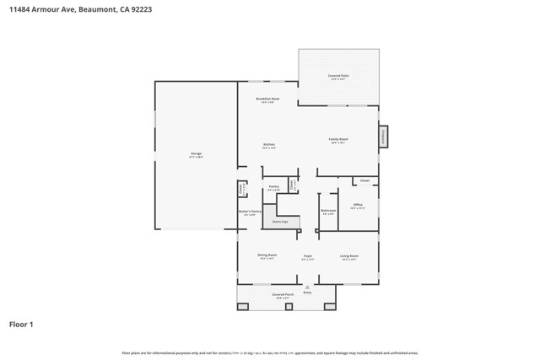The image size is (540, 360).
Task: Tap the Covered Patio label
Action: click(338, 77)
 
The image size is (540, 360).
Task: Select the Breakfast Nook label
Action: click(267, 99)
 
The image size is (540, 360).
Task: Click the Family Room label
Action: click(339, 140)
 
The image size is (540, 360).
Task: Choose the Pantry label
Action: click(273, 188)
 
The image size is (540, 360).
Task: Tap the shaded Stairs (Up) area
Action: click(280, 222)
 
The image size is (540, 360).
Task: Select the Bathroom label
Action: click(329, 212)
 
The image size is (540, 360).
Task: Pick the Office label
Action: click(358, 206)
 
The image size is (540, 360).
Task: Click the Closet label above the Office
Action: click(364, 180)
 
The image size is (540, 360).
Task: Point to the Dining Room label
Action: click(267, 256)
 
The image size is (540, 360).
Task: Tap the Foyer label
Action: click(308, 256)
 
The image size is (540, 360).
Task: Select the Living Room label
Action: click(349, 256)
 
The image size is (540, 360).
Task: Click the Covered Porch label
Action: click(282, 295)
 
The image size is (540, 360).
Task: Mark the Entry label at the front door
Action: click(307, 293)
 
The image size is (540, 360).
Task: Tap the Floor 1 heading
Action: click(21, 324)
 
